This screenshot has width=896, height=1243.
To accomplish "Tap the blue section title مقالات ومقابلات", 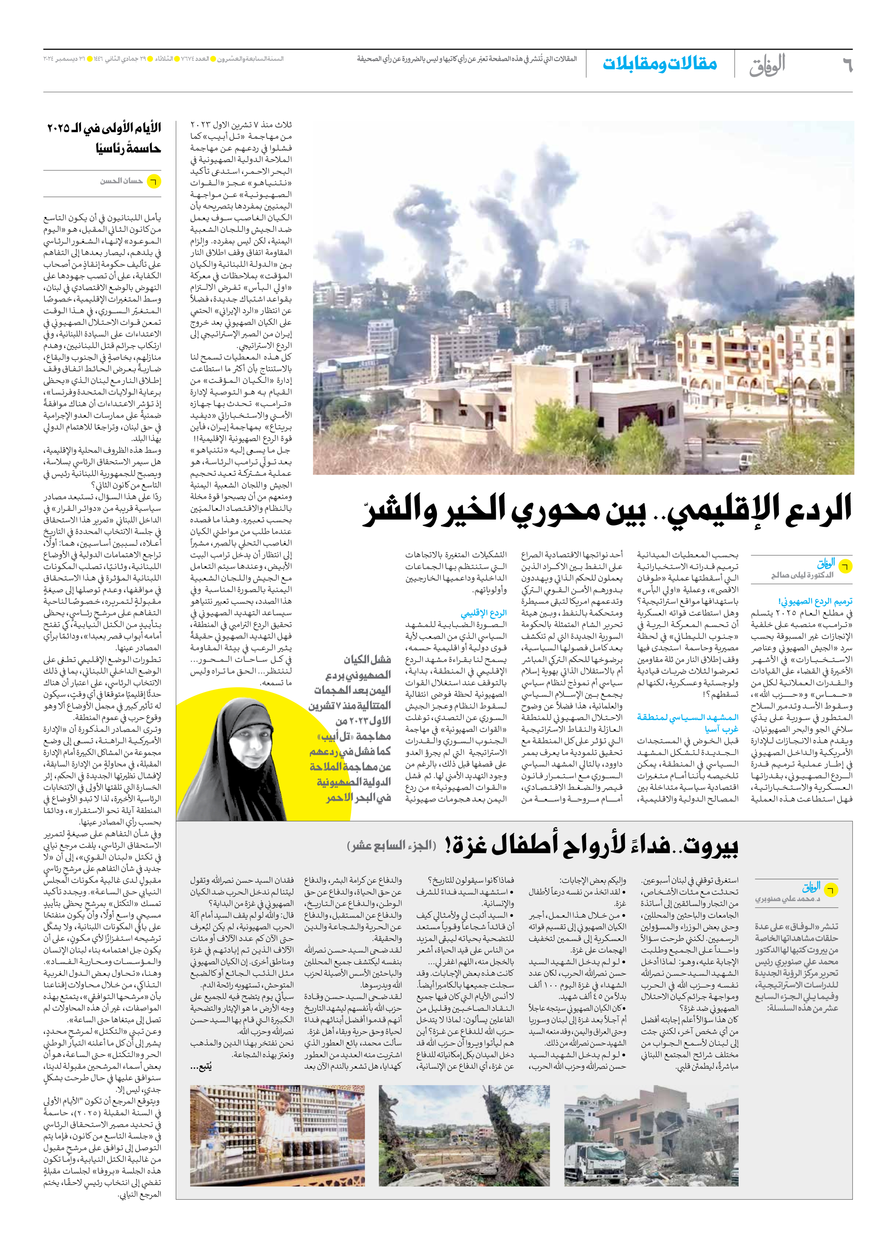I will [660, 63].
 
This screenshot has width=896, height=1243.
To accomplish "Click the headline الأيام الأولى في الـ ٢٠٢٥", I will [104, 129].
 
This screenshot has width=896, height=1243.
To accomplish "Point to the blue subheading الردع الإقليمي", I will [483, 613].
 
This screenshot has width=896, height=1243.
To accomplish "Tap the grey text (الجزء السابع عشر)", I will [391, 846].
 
